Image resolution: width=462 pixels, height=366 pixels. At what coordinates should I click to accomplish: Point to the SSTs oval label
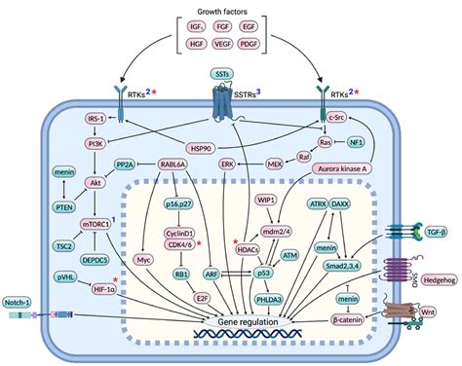(x=222, y=73)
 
